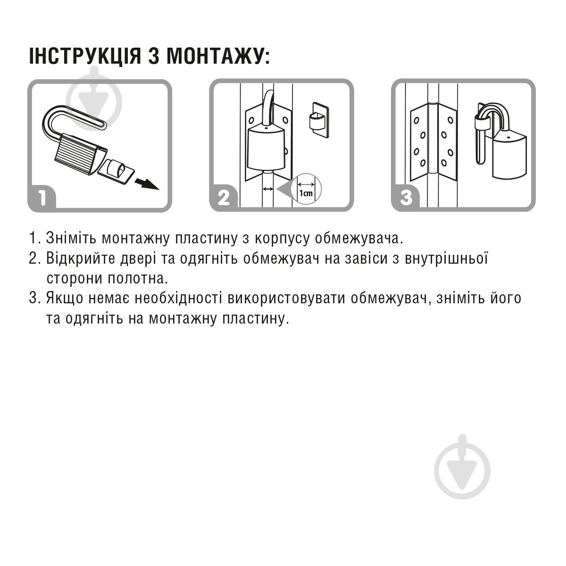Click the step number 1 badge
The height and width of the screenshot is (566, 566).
42,198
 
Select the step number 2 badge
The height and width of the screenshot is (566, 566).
224,198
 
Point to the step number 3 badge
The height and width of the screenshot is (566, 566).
406,198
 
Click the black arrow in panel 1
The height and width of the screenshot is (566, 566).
147,183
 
